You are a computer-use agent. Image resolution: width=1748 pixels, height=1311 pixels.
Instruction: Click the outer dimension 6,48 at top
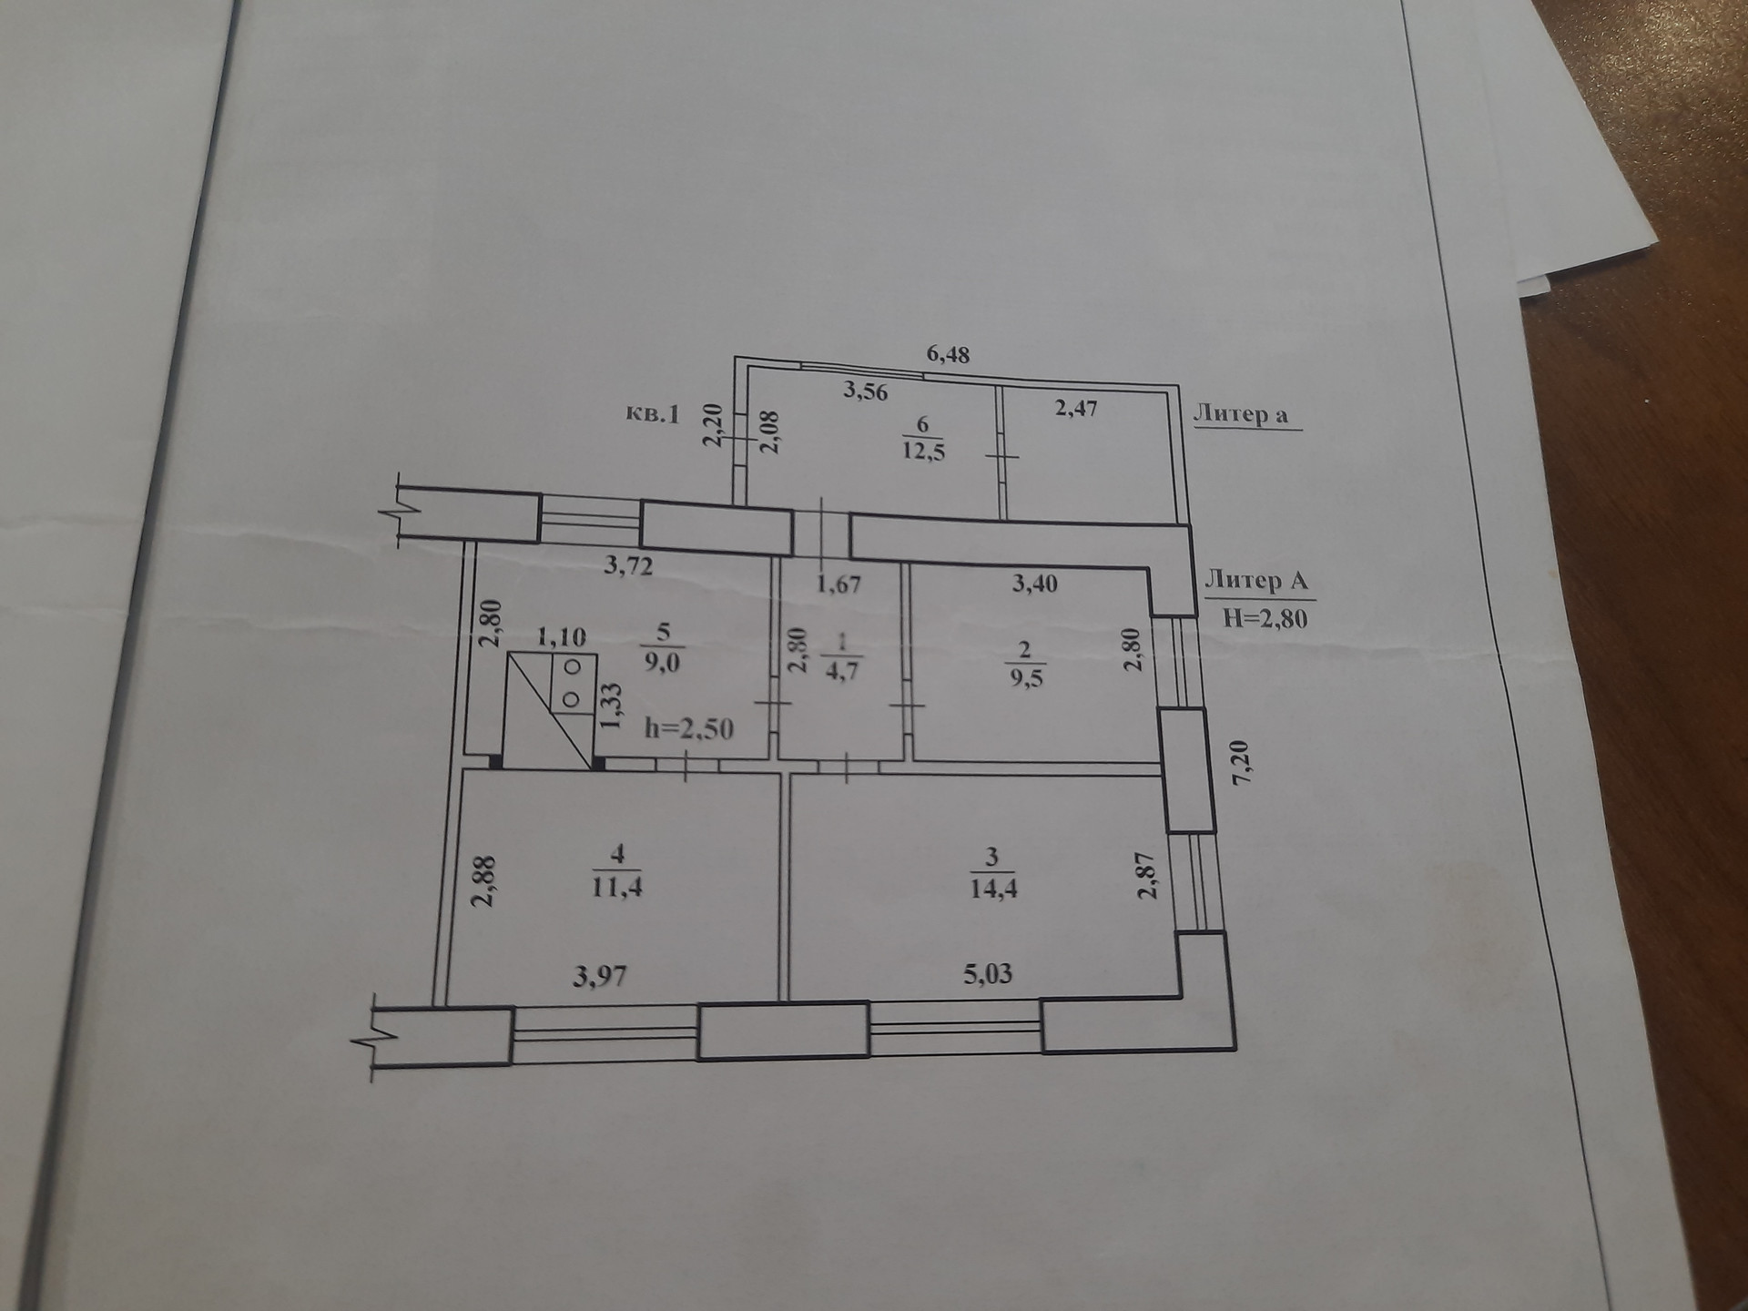948,353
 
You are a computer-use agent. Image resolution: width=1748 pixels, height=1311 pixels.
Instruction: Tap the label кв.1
653,414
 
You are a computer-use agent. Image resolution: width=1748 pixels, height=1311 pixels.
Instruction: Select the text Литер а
1241,414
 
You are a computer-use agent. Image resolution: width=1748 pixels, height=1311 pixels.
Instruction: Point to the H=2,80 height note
1265,618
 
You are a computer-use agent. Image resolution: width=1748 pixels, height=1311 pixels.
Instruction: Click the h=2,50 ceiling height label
688,728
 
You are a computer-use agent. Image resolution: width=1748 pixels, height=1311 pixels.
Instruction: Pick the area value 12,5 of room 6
923,451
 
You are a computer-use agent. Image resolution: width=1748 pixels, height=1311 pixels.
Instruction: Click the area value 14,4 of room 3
992,887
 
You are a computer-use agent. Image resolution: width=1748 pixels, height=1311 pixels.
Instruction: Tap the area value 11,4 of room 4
617,885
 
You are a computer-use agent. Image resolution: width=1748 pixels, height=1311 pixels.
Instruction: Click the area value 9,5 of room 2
1025,678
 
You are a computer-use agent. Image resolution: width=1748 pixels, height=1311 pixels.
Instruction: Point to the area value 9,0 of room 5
662,661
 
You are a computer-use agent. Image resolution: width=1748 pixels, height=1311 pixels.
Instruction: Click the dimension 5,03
988,974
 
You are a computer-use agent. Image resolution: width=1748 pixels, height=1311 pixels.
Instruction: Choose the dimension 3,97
600,978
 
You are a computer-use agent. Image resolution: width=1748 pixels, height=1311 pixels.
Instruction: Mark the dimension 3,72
628,566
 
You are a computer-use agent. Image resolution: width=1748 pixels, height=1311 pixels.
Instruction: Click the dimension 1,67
838,584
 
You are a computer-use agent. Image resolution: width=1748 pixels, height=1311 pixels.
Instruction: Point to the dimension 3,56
865,392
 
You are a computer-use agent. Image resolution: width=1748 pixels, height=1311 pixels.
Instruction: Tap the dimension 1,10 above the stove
561,636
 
